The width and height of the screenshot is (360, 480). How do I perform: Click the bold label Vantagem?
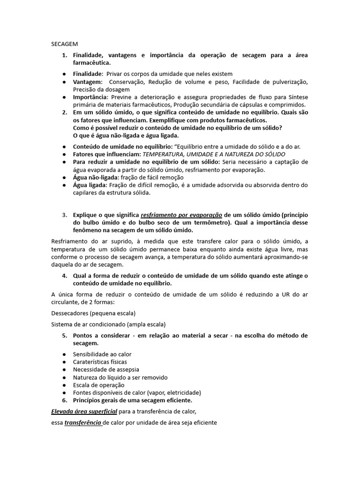pos(88,82)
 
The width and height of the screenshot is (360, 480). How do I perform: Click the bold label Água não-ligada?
pos(96,177)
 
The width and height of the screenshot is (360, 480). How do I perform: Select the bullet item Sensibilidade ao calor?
pos(102,354)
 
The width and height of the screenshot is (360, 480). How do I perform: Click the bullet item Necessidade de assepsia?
pos(104,370)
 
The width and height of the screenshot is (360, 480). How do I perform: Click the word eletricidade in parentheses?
pos(183,392)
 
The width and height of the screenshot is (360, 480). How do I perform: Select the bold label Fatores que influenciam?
pos(107,154)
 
